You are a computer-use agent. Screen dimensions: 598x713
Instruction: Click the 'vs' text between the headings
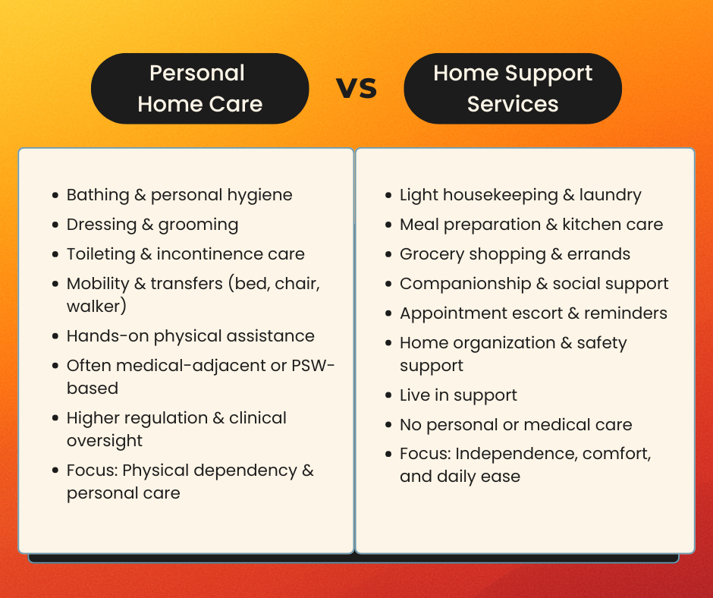356,88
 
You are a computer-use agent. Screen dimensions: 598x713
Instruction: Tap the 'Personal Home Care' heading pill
199,88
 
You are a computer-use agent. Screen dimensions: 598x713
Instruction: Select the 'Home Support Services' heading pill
512,88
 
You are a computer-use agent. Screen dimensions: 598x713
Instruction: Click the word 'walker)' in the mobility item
96,307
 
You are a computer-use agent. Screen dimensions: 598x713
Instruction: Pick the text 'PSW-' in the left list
313,366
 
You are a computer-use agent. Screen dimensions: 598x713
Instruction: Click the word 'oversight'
105,441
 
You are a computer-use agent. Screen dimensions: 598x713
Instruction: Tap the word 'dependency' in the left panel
246,471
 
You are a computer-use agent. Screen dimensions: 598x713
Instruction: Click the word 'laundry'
610,195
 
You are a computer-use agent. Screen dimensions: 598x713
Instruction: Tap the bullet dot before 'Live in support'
387,396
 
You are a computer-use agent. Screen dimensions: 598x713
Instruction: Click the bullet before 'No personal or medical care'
387,426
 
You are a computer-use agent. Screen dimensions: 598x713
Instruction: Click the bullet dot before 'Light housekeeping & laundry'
387,196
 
